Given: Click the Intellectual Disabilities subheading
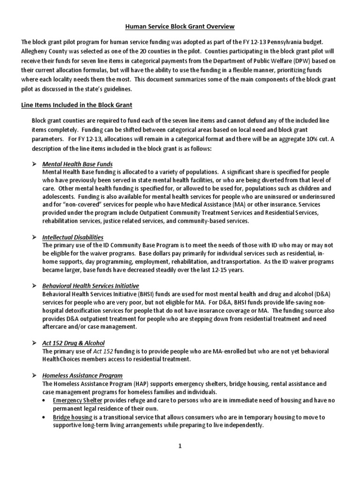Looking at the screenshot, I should pos(73,237).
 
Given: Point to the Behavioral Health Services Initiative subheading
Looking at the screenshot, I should pos(90,285).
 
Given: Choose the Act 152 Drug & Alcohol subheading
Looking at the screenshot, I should pos(73,343).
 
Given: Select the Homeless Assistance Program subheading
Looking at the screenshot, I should pos(82,375).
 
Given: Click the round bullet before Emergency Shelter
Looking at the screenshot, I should pos(44,400).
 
